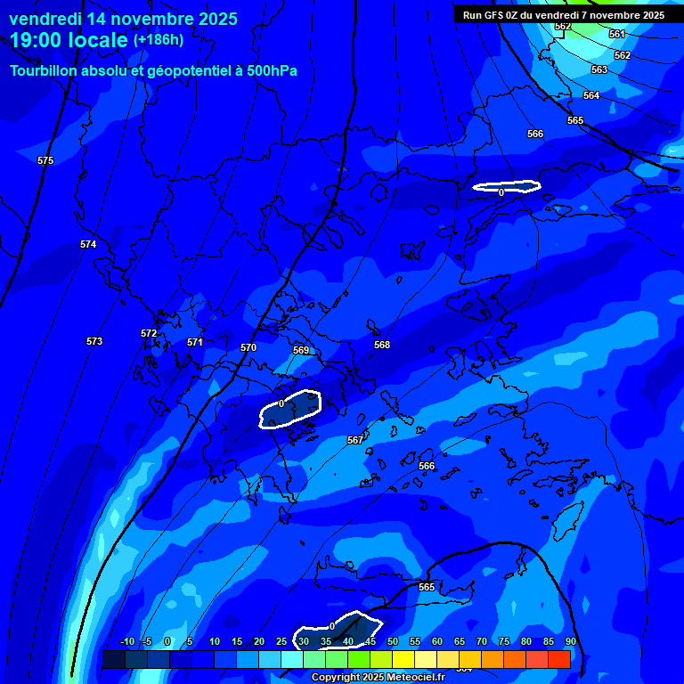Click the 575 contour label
point(45,160)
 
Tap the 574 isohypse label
point(88,244)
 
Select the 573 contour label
point(94,341)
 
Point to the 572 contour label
point(149,333)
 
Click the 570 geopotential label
point(248,347)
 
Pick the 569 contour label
point(301,350)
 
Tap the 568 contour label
point(382,345)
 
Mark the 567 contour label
point(355,440)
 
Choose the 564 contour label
point(591,95)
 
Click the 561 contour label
point(617,34)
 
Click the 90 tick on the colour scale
point(570,641)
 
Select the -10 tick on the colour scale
point(126,641)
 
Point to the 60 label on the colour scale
point(437,641)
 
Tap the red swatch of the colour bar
point(559,659)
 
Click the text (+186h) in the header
point(159,39)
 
